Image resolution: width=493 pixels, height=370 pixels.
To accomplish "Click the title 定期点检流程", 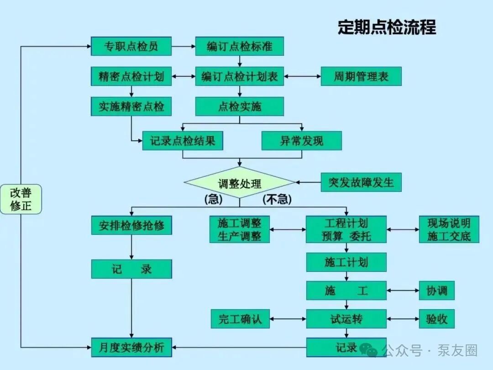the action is (x=387, y=27).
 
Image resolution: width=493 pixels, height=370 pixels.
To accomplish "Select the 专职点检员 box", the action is (x=131, y=46).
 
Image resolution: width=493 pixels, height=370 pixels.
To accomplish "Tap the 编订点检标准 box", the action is (x=240, y=46).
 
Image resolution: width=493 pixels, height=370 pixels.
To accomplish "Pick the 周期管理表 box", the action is (x=361, y=76).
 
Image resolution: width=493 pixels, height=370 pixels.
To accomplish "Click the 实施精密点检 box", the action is (x=131, y=106).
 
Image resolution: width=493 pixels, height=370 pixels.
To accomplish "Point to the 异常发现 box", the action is (x=302, y=141).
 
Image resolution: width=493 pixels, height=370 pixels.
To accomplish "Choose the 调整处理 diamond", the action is (x=240, y=182).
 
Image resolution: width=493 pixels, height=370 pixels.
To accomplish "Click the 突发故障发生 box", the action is (x=361, y=182).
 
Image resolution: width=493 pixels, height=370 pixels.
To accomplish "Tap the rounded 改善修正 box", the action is (x=21, y=199).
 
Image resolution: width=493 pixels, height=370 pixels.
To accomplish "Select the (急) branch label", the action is (x=214, y=199).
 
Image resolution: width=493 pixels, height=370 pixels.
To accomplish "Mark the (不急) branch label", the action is (x=277, y=199).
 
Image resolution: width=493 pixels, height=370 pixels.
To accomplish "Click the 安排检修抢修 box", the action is (x=131, y=225).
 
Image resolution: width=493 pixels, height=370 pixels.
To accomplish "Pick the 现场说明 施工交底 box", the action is (x=449, y=229).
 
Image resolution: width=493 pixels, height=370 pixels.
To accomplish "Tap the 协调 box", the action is (x=437, y=291).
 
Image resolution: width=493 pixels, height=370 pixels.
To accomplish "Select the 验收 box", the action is (x=437, y=319).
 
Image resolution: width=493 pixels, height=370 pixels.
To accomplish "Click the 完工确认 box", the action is (x=240, y=319).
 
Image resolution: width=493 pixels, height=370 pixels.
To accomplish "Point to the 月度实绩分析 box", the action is (x=131, y=347).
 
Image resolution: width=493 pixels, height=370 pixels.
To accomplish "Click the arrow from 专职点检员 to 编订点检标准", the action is (x=184, y=46).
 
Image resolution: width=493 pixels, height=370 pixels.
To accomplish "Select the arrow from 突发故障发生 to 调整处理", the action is (x=308, y=182).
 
